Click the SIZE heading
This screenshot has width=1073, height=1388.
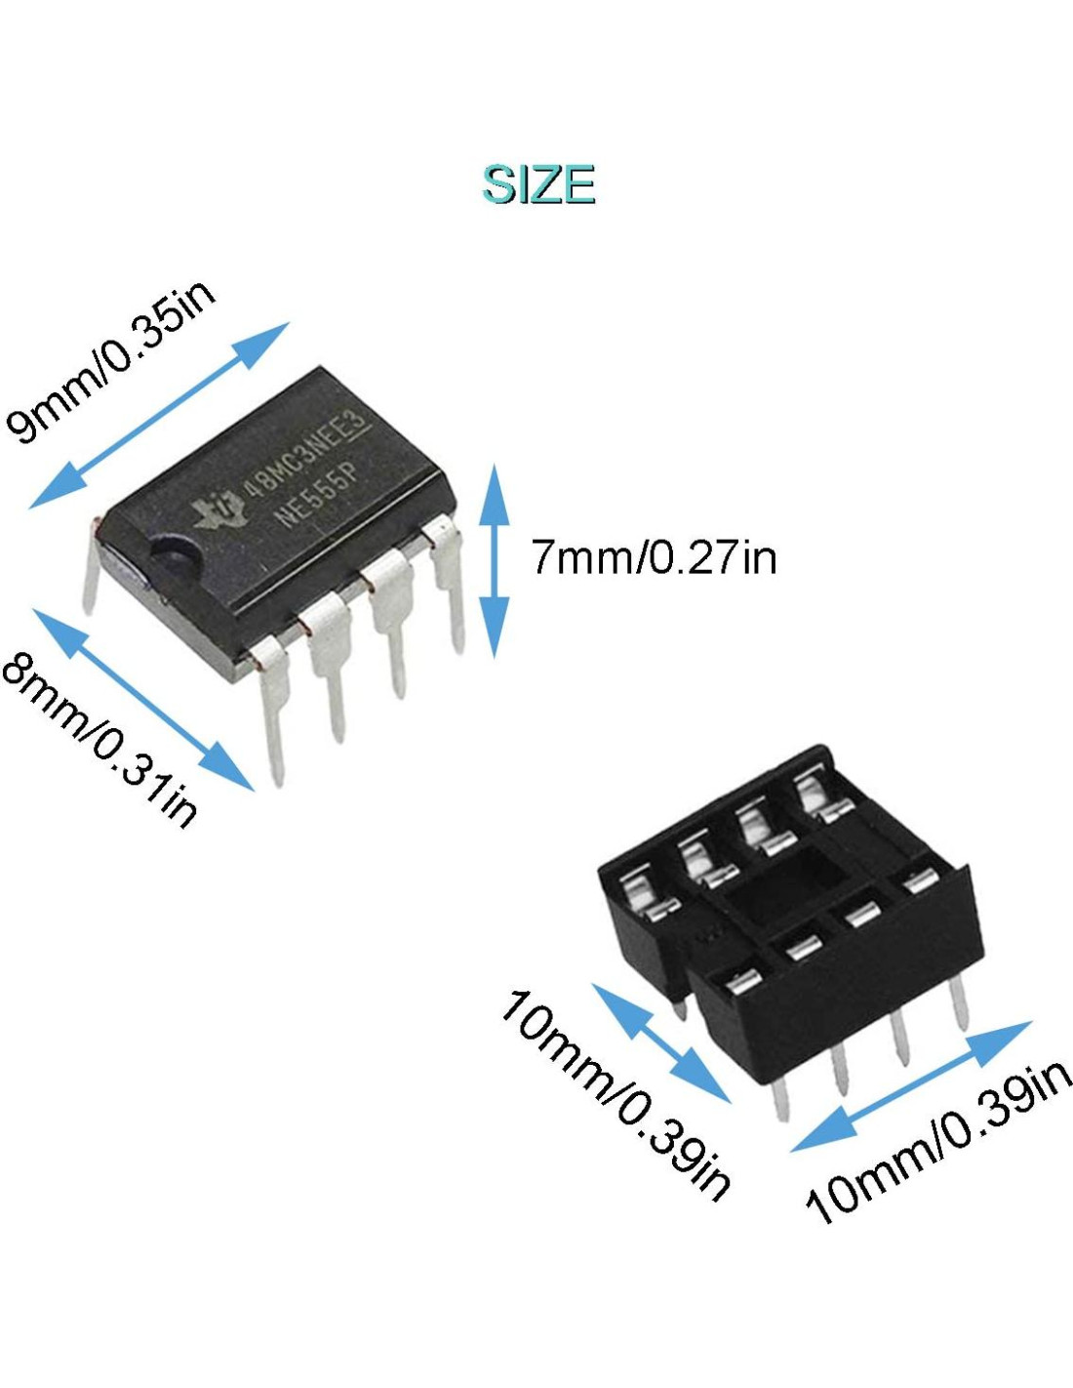[538, 184]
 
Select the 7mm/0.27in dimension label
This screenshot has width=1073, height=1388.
[654, 557]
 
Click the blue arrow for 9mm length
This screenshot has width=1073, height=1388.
[160, 415]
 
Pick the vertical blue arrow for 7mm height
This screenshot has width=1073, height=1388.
[495, 560]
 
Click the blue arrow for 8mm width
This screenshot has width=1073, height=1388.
[143, 699]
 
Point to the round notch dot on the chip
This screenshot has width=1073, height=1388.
[176, 556]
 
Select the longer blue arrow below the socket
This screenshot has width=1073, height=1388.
[911, 1085]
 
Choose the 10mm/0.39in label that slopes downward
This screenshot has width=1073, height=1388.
[615, 1093]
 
